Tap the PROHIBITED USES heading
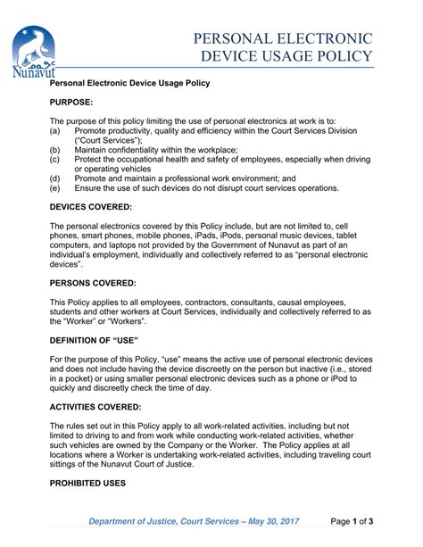[x=87, y=483]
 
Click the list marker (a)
[x=55, y=131]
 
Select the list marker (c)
[x=55, y=160]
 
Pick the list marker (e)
[x=55, y=188]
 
